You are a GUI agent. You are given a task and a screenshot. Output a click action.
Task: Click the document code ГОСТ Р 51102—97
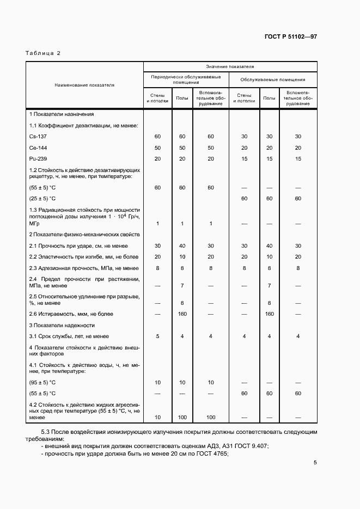click(290, 37)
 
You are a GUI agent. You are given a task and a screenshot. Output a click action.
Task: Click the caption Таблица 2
click(43, 53)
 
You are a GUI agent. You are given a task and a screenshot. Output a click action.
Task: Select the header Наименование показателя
click(84, 85)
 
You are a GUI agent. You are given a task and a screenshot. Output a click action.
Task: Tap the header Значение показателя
click(230, 66)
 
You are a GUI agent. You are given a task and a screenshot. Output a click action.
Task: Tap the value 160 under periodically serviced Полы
click(182, 314)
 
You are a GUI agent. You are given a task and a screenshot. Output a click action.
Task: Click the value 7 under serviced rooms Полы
click(269, 285)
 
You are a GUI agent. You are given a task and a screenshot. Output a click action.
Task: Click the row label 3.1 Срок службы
click(69, 336)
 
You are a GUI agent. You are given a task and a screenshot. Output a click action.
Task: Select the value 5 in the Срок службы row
click(157, 336)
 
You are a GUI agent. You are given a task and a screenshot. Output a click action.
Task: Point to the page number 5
click(315, 463)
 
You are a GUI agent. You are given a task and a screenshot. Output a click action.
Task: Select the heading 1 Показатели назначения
click(62, 114)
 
